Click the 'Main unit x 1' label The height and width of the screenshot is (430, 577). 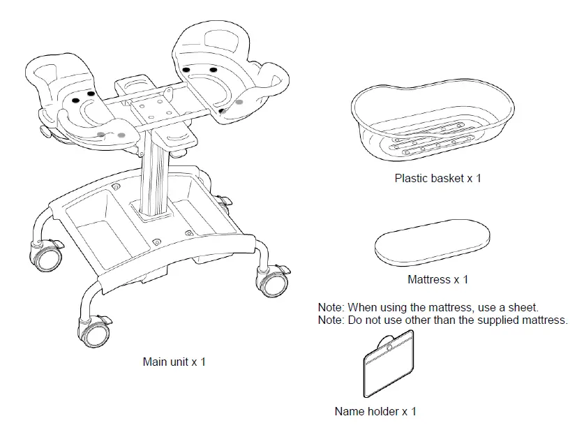pos(174,362)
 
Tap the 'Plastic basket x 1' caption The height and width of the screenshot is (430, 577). pos(437,178)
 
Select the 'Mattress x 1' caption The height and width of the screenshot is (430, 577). pos(437,279)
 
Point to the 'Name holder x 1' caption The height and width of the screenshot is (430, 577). pos(375,411)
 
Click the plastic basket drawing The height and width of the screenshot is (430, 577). pos(433,122)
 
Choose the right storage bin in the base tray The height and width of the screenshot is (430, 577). pos(199,214)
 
